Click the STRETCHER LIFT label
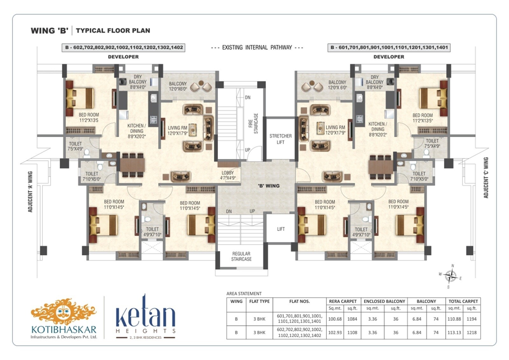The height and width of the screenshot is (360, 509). tap(280, 139)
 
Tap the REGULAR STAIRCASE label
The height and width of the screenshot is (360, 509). tap(241, 256)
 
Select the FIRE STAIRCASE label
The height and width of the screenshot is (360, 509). tap(253, 123)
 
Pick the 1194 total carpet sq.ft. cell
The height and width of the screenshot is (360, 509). tap(471, 319)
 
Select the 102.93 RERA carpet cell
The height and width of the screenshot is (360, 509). tap(335, 333)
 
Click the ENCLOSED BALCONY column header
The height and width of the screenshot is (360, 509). tap(384, 301)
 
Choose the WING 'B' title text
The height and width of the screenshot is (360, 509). tap(50, 31)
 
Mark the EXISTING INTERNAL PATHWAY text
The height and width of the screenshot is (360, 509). tap(257, 48)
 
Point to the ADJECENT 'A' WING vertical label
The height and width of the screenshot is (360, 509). tap(30, 192)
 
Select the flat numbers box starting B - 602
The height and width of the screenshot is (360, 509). tap(124, 48)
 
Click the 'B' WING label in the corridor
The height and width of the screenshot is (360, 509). tap(268, 186)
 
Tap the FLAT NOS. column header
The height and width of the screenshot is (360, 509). tap(299, 301)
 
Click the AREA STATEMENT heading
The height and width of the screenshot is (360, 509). tap(244, 294)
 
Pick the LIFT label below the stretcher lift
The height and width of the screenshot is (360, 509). tap(281, 229)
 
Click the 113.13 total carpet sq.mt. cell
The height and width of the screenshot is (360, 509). tap(454, 333)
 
